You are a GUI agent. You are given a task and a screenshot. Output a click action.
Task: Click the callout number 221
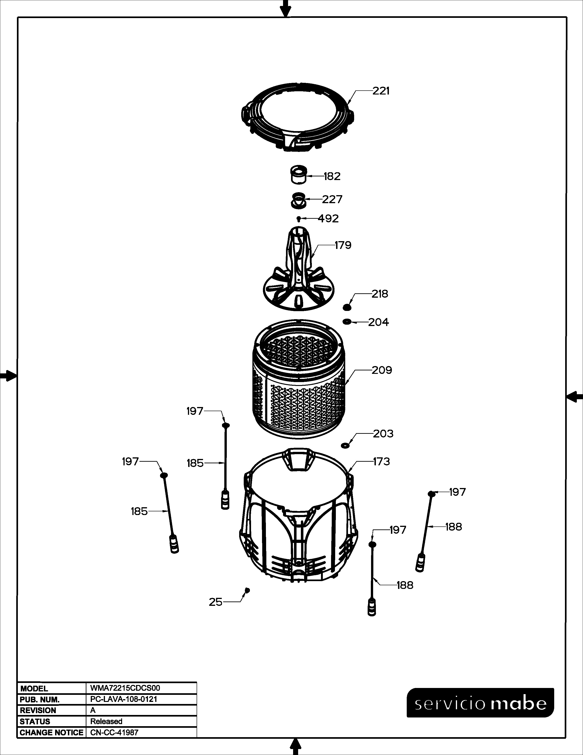point(381,91)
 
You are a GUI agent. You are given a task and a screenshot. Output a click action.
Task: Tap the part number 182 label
point(332,176)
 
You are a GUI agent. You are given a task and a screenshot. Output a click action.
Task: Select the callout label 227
point(332,200)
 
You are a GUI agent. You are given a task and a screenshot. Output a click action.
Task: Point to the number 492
point(328,218)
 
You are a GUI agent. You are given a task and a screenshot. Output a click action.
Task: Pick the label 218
point(380,294)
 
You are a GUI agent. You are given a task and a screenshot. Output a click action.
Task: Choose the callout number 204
point(379,322)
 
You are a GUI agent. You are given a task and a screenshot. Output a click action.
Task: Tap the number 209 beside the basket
point(382,370)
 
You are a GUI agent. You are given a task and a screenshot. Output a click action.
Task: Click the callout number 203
point(383,434)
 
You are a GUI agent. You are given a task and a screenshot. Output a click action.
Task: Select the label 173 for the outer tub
point(381,461)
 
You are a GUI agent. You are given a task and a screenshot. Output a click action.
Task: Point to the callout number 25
point(216,602)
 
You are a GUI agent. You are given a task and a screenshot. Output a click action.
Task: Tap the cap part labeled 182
point(298,175)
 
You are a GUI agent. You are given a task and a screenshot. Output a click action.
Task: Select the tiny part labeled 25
point(247,590)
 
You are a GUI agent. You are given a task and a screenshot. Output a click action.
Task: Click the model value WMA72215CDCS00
point(125,688)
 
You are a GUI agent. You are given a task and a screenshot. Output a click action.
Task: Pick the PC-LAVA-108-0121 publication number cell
point(124,699)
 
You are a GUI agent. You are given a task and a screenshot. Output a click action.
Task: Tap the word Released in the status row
point(106,721)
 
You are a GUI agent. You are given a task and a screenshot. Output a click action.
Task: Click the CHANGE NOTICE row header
point(51,733)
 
